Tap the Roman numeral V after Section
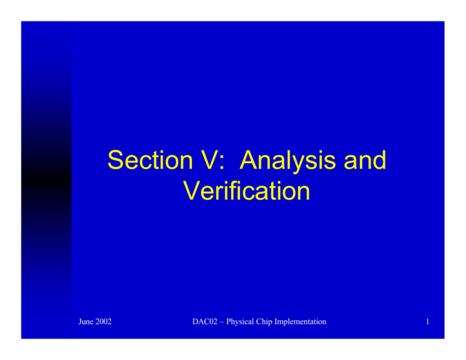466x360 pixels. pyautogui.click(x=200, y=161)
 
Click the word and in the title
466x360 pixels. pyautogui.click(x=362, y=161)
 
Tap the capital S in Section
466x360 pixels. pyautogui.click(x=115, y=161)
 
